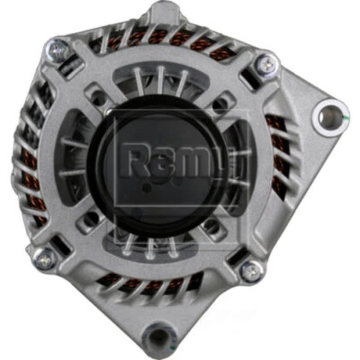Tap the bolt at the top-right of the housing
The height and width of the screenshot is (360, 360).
(263, 64)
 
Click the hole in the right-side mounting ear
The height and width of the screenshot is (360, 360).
(328, 115)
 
